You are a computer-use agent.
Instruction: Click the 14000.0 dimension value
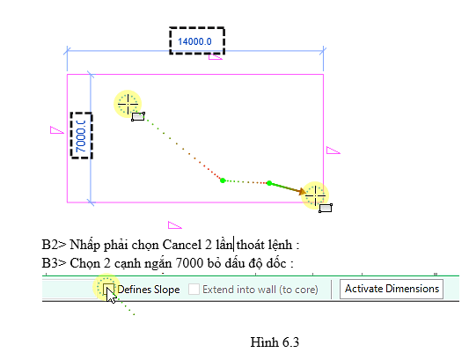pyautogui.click(x=194, y=41)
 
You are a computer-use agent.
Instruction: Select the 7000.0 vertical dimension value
pyautogui.click(x=81, y=136)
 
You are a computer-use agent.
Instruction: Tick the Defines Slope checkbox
pyautogui.click(x=108, y=289)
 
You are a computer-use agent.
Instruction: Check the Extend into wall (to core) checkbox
pyautogui.click(x=194, y=289)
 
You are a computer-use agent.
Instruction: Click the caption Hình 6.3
pyautogui.click(x=275, y=342)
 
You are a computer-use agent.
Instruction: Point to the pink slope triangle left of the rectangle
pyautogui.click(x=56, y=130)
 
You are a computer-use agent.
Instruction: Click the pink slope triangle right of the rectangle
pyautogui.click(x=333, y=151)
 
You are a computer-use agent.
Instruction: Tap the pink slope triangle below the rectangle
pyautogui.click(x=174, y=225)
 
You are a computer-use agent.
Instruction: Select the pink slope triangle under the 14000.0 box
pyautogui.click(x=215, y=57)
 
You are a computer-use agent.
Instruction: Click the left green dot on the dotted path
pyautogui.click(x=223, y=180)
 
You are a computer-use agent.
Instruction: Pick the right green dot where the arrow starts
pyautogui.click(x=269, y=183)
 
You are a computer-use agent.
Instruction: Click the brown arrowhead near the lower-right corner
pyautogui.click(x=302, y=191)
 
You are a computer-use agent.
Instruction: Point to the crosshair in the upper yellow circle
pyautogui.click(x=128, y=104)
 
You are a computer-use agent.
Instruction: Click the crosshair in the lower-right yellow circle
pyautogui.click(x=315, y=196)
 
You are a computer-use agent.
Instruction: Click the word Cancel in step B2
pyautogui.click(x=182, y=245)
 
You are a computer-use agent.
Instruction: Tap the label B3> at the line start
pyautogui.click(x=54, y=263)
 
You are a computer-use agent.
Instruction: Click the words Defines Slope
pyautogui.click(x=149, y=290)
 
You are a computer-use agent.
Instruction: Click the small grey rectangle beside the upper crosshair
pyautogui.click(x=138, y=116)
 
